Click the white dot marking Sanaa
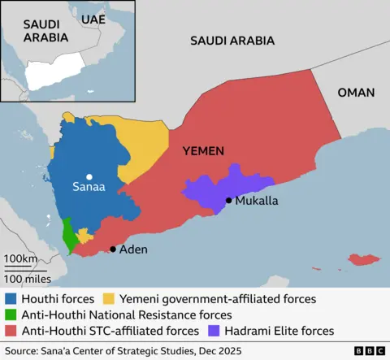(x=89, y=176)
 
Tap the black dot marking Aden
(x=113, y=249)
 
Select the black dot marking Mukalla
(x=229, y=200)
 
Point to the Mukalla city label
(x=257, y=200)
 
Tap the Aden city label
(x=134, y=249)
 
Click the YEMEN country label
(x=203, y=151)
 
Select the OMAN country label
(x=356, y=93)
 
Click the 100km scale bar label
(x=19, y=259)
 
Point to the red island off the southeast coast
(x=364, y=260)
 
